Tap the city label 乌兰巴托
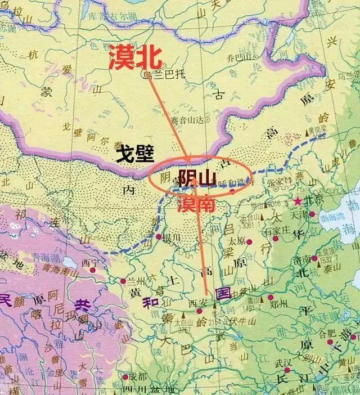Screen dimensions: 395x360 pyautogui.click(x=161, y=73)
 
